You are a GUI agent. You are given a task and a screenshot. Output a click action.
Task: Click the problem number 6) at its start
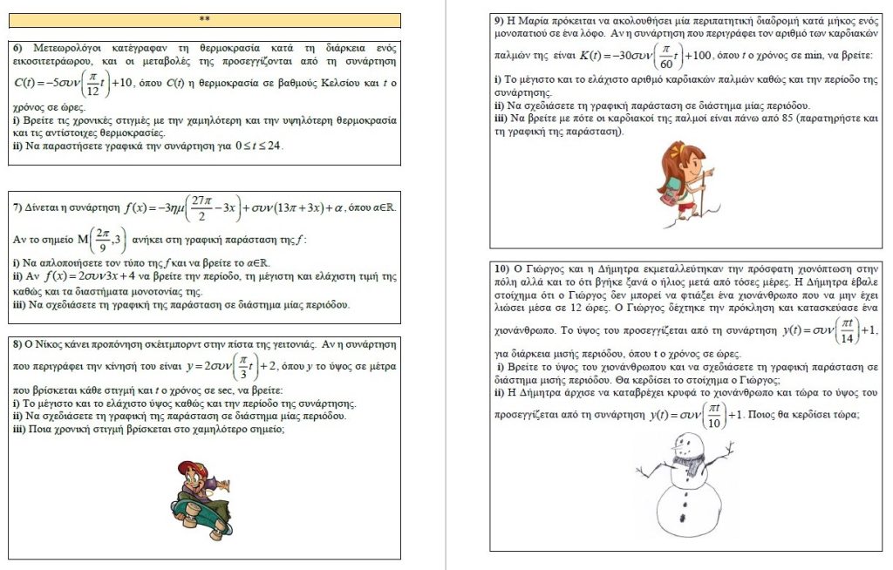tap(18, 47)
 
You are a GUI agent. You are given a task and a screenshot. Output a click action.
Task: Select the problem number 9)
tap(500, 20)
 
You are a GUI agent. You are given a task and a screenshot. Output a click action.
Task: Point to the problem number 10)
tap(503, 268)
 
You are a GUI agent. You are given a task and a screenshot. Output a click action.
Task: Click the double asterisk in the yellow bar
tap(204, 19)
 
